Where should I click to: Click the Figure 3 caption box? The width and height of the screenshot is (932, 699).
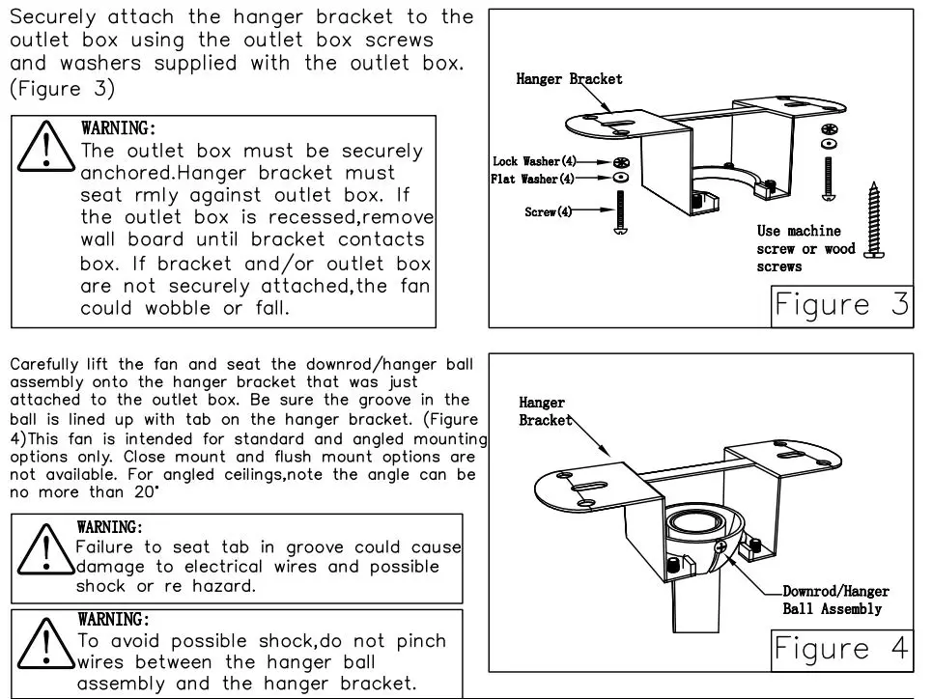[x=841, y=305]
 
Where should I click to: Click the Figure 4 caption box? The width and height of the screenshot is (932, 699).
[x=841, y=650]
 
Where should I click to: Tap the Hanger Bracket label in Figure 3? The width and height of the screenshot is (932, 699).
[x=569, y=79]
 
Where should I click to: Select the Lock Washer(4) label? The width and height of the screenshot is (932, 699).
[x=534, y=162]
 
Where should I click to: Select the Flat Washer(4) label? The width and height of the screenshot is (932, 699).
[x=532, y=180]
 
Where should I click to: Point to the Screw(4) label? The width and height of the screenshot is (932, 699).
[x=548, y=211]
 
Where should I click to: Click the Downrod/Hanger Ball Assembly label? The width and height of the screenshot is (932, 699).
[x=834, y=601]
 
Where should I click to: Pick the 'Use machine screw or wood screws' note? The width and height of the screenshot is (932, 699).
[x=805, y=249]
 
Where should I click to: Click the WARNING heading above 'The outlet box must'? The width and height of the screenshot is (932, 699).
[x=118, y=128]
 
